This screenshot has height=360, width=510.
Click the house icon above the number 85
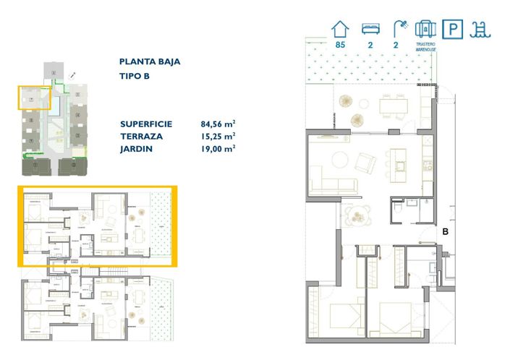tap(340, 29)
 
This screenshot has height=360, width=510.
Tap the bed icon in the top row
tap(370, 29)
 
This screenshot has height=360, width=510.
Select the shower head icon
tap(398, 29)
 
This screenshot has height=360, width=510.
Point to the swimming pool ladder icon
tap(479, 29)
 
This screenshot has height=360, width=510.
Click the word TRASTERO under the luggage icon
tap(425, 45)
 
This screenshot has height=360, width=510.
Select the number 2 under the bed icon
tap(370, 46)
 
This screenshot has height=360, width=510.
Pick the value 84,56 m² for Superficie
tap(218, 124)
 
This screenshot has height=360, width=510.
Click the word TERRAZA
tap(141, 136)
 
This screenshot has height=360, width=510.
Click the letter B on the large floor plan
tap(446, 232)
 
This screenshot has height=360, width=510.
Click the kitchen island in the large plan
tap(398, 160)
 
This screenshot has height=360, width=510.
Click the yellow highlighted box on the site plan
tap(33, 97)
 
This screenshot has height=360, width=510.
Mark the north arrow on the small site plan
tap(73, 74)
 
